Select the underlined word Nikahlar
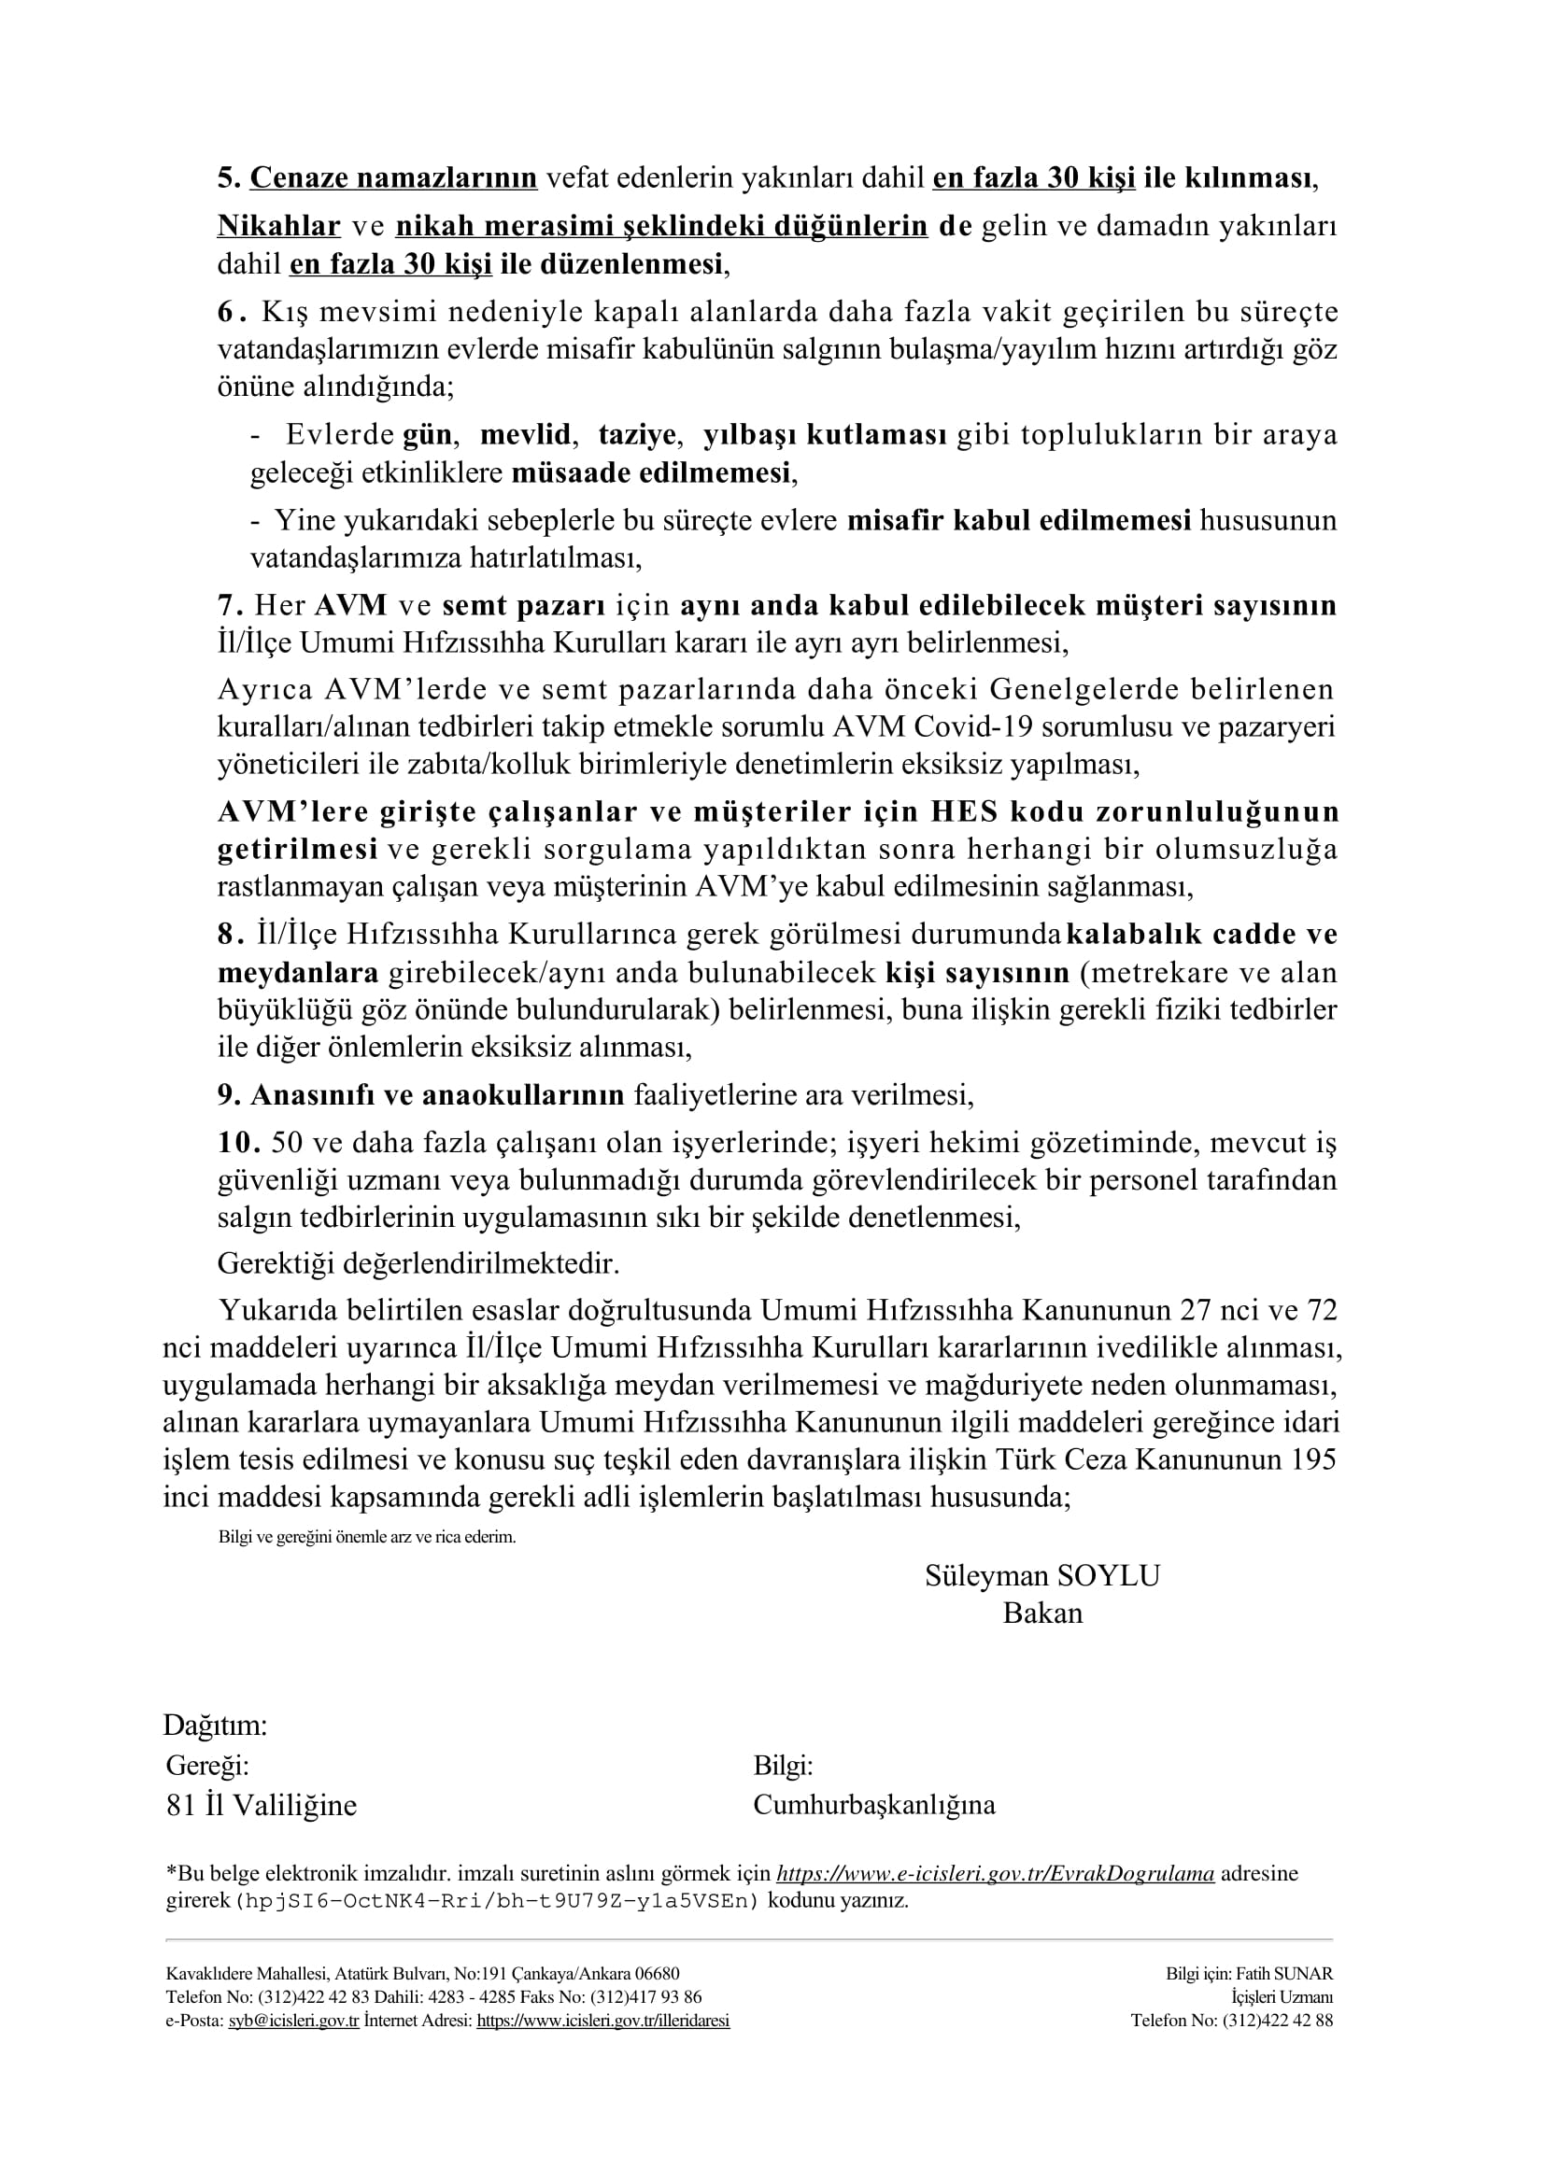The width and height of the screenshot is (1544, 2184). tap(278, 225)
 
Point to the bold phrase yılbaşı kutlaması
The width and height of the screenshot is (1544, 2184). tap(824, 435)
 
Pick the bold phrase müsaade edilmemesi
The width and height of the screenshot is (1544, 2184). tap(652, 472)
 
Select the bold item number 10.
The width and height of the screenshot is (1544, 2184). tap(239, 1141)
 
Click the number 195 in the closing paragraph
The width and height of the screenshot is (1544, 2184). tap(1314, 1459)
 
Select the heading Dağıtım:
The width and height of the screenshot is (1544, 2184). tap(215, 1725)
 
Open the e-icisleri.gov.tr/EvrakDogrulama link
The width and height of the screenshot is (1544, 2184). tap(995, 1874)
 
